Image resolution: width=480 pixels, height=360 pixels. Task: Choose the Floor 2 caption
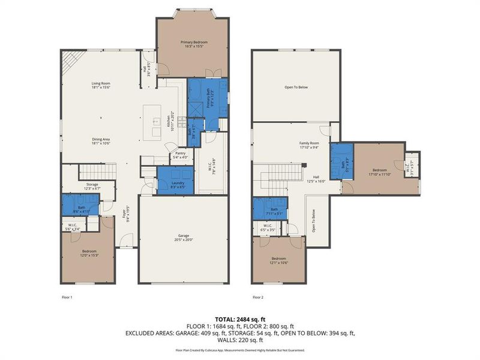tap(258, 297)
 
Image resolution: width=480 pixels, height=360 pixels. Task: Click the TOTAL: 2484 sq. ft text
tap(240, 319)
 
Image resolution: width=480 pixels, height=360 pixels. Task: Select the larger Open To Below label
tap(296, 88)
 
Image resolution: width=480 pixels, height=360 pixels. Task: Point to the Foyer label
tap(125, 214)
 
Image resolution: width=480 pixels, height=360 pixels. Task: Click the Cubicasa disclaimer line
tap(240, 349)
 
